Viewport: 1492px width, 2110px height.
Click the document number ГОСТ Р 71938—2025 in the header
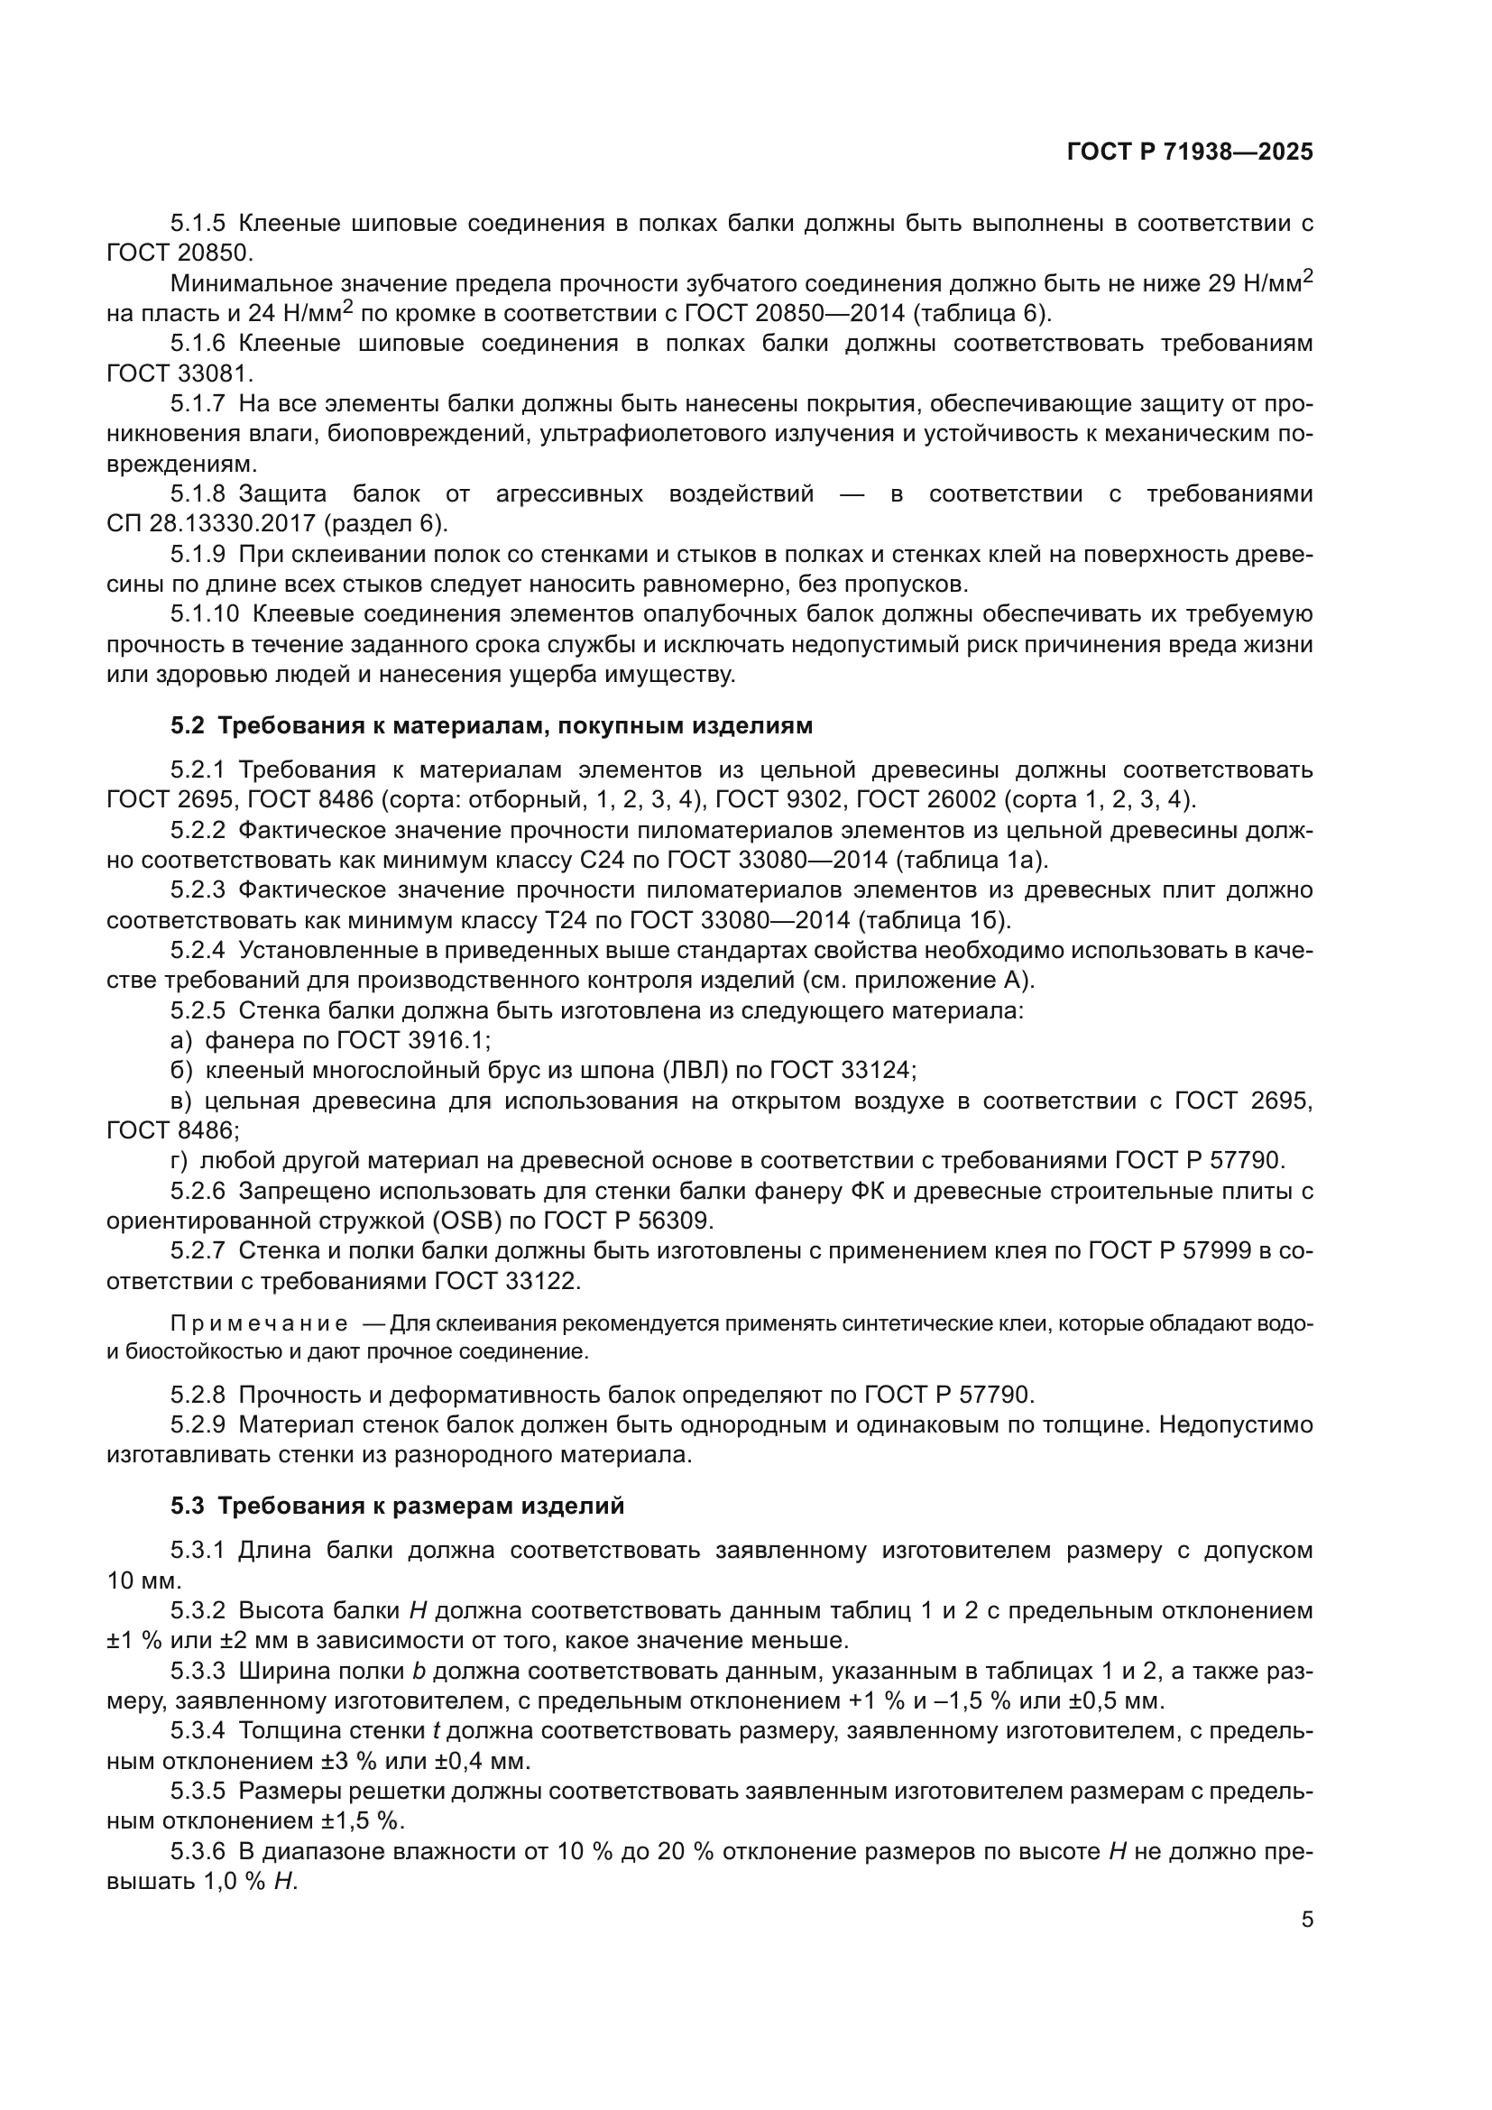1190,152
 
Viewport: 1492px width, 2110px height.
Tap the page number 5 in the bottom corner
1306,1919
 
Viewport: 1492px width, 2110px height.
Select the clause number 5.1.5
198,224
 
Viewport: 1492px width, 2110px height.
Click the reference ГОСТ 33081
180,373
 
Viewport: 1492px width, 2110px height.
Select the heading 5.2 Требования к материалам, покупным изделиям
492,726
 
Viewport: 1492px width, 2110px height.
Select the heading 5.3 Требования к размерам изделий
397,1506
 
